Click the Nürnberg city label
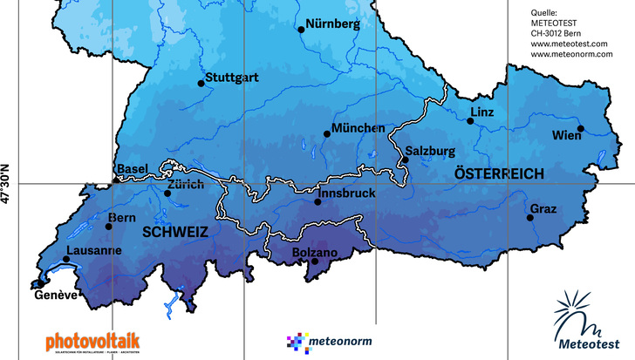click(x=333, y=24)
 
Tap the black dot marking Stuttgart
click(x=201, y=84)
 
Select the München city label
click(x=358, y=128)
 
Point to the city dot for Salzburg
click(x=406, y=160)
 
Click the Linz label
click(x=481, y=113)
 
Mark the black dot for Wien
click(x=581, y=129)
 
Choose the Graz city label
click(x=542, y=209)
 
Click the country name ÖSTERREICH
click(x=499, y=174)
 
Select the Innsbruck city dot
click(x=317, y=202)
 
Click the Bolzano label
click(x=317, y=254)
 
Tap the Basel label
click(x=133, y=168)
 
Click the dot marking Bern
click(x=109, y=227)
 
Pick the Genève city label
click(x=57, y=295)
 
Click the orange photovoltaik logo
click(x=92, y=339)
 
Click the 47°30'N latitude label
click(x=7, y=184)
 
